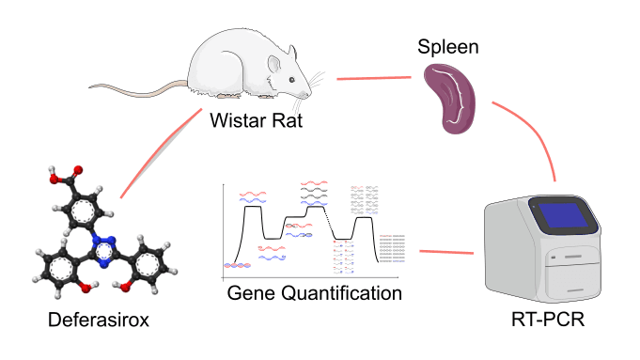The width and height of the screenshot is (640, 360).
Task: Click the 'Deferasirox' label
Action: tap(99, 321)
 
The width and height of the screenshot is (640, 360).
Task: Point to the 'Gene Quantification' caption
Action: tap(315, 293)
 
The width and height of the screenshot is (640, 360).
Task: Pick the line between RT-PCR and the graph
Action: tap(446, 251)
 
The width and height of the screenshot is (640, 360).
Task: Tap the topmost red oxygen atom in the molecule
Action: tap(77, 172)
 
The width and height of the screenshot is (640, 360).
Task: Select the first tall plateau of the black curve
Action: tap(252, 207)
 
